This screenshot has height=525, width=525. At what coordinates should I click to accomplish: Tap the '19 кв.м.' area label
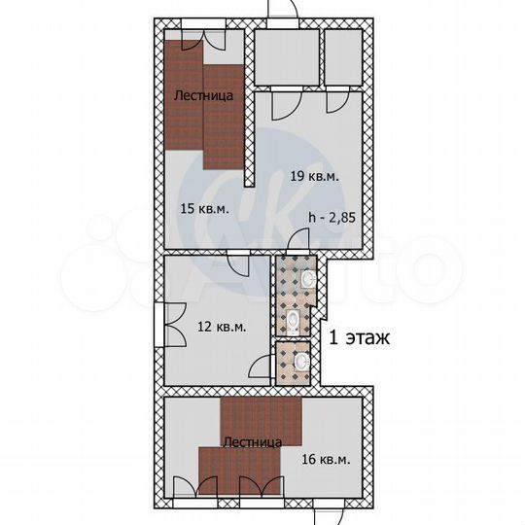coord(314,176)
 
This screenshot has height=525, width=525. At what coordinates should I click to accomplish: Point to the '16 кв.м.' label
coord(326,459)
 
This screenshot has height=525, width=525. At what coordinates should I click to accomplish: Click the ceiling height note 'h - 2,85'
coord(332,218)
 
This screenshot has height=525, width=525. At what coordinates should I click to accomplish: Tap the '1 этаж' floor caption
coord(361,339)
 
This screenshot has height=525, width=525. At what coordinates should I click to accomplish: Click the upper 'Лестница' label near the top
coord(202,96)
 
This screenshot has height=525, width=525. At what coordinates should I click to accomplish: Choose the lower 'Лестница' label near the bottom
coord(253,442)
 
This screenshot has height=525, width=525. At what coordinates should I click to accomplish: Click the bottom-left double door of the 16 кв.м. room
coord(189,488)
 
